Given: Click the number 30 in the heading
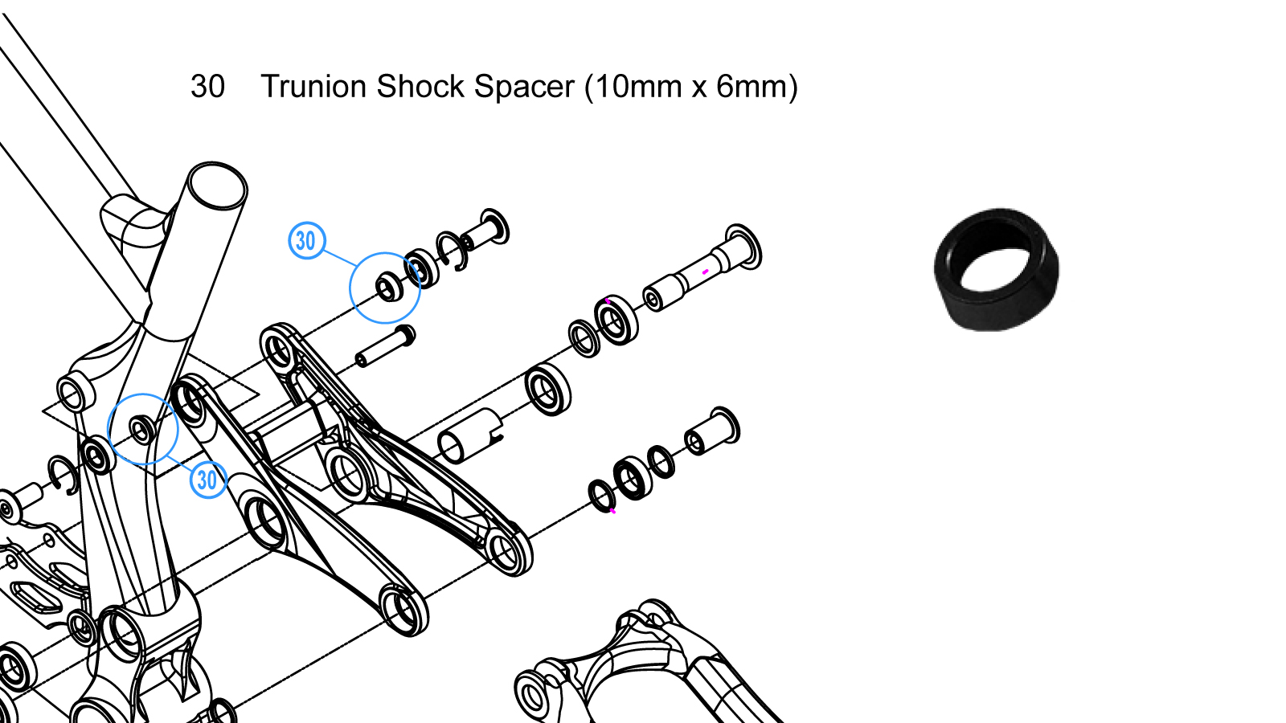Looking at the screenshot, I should coord(207,87).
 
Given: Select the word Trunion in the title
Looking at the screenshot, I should coord(313,87).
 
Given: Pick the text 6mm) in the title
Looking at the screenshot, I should coord(756,87).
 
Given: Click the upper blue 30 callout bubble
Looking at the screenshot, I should coord(306,240).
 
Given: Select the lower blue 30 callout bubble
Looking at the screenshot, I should coord(207,480).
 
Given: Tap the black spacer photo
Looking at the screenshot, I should coord(997,269).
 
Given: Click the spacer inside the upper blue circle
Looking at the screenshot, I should coord(388,287).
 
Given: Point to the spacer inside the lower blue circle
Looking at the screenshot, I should coord(142,430).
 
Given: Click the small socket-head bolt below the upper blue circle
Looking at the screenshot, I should coord(385,345).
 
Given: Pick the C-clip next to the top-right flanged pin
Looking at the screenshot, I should coord(451,251).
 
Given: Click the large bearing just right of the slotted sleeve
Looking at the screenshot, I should coord(548,388).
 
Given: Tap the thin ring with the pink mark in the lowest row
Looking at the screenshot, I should coord(602,496).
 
